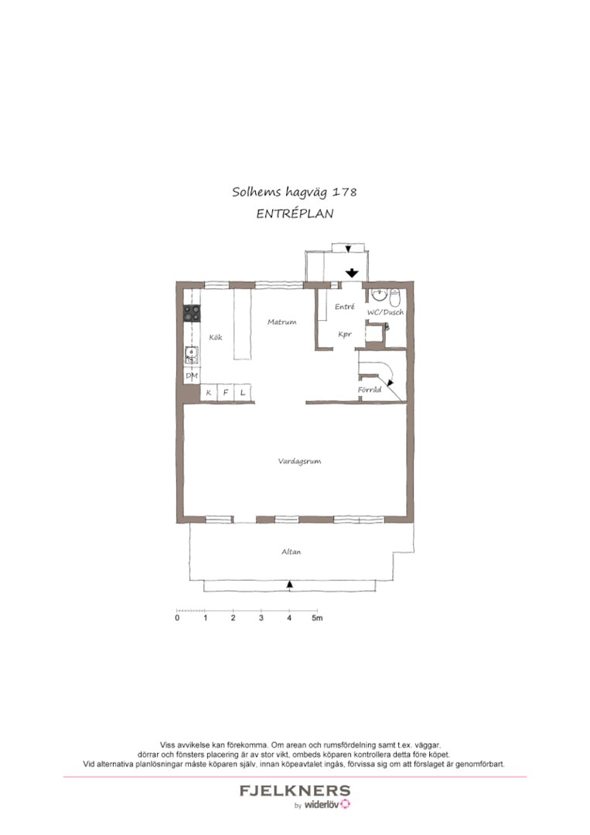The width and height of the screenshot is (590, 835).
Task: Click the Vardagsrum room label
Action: pyautogui.click(x=299, y=462)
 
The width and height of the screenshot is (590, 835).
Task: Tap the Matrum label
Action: pyautogui.click(x=281, y=322)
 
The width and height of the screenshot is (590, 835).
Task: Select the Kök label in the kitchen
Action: pyautogui.click(x=216, y=338)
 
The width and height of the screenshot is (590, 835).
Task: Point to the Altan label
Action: pyautogui.click(x=292, y=552)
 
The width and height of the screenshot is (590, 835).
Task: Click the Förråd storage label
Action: pyautogui.click(x=370, y=390)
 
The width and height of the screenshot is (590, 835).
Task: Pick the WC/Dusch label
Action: pyautogui.click(x=386, y=312)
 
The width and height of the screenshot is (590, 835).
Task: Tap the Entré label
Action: pyautogui.click(x=345, y=307)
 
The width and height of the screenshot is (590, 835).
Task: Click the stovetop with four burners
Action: pyautogui.click(x=193, y=313)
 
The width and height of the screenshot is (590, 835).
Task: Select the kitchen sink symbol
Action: pyautogui.click(x=192, y=355)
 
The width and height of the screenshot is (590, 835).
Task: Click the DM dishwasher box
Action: pyautogui.click(x=192, y=376)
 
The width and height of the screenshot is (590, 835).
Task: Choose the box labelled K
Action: pyautogui.click(x=209, y=393)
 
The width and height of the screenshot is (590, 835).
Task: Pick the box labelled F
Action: pyautogui.click(x=226, y=393)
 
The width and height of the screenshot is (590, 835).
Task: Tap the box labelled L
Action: pyautogui.click(x=243, y=393)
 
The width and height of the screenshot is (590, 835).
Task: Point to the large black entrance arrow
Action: pyautogui.click(x=351, y=273)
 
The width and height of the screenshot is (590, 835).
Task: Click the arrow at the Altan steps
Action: pyautogui.click(x=290, y=584)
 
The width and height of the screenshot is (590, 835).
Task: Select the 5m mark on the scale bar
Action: pyautogui.click(x=317, y=619)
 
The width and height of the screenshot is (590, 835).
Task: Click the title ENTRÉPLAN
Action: pyautogui.click(x=295, y=214)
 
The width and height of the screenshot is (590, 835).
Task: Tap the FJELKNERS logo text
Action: pyautogui.click(x=295, y=791)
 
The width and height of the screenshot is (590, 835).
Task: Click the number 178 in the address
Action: pyautogui.click(x=345, y=192)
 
